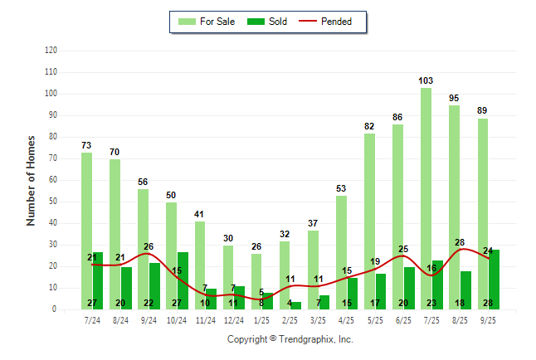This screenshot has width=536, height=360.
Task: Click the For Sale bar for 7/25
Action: click(426, 198)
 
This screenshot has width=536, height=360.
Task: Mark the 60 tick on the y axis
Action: click(53, 180)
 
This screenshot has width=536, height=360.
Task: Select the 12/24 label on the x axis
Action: click(233, 319)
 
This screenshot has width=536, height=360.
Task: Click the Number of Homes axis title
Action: click(31, 180)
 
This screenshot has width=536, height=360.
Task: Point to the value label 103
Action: click(426, 80)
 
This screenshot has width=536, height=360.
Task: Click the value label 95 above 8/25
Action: click(455, 98)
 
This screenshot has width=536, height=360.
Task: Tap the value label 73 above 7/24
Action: click(86, 145)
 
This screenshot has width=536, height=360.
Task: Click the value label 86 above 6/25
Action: click(397, 117)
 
